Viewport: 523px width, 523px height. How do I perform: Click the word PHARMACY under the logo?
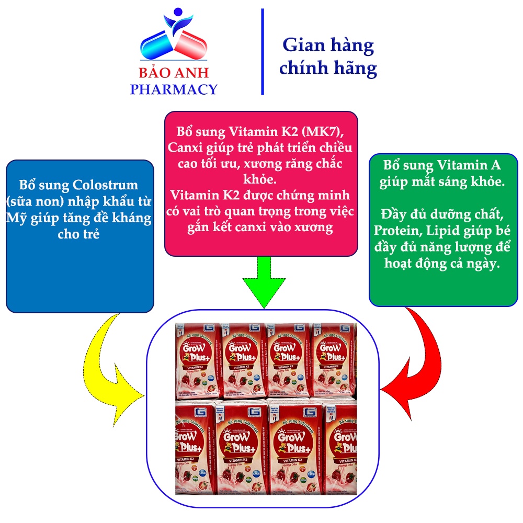coord(173,89)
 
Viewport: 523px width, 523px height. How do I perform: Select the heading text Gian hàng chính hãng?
coord(328,56)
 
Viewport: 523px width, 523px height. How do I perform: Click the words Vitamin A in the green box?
coord(469,166)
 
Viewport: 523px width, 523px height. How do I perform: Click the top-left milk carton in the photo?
coord(198,361)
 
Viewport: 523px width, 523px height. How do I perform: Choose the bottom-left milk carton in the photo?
coord(195,450)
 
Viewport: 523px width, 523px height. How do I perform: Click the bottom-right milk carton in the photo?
coord(340,450)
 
